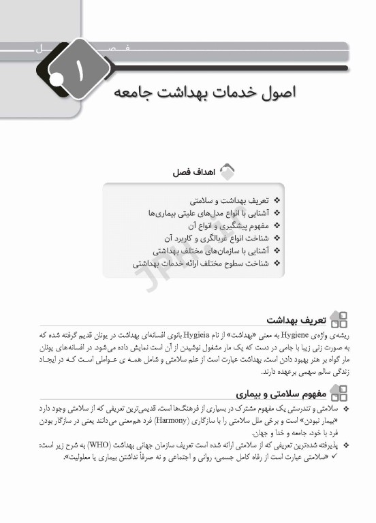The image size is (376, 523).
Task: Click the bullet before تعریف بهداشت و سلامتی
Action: tap(277, 202)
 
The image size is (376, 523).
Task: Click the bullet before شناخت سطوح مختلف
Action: tap(277, 262)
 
